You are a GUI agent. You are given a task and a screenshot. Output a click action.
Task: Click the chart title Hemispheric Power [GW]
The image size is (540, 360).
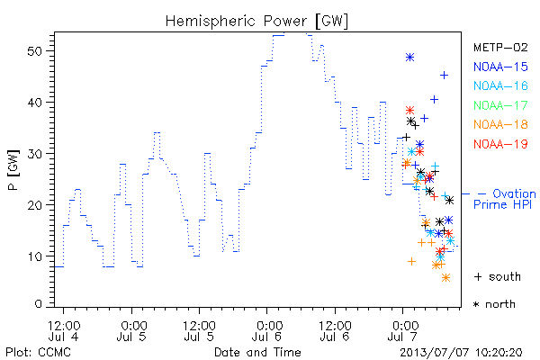coord(256,21)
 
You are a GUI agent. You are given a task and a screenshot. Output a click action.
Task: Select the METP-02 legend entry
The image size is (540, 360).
coord(500,47)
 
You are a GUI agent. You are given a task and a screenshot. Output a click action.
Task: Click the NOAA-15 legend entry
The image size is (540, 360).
coord(500,67)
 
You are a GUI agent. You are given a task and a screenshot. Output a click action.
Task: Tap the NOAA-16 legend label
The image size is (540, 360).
coord(500,85)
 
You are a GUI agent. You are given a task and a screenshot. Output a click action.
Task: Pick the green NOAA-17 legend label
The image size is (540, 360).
coord(500,105)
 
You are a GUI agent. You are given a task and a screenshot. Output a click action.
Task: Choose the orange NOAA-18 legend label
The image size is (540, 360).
coord(500,124)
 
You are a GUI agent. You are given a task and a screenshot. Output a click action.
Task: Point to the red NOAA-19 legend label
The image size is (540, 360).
coord(500,144)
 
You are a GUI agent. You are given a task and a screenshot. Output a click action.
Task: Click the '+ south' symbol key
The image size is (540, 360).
coord(498,276)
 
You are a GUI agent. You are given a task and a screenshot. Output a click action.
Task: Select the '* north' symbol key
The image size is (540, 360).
coord(494,304)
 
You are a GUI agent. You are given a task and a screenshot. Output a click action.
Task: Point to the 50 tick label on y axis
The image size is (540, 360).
coord(34,51)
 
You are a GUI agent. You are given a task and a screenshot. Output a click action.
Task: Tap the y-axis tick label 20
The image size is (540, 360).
coord(34,205)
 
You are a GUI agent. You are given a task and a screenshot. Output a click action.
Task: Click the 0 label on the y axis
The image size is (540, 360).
coord(39,304)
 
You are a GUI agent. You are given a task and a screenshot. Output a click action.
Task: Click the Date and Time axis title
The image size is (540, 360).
coord(257,352)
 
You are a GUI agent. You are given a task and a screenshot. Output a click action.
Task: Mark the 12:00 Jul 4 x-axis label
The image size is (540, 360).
coord(64,331)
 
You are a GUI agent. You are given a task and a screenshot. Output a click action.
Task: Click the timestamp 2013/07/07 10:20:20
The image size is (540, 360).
coord(461,353)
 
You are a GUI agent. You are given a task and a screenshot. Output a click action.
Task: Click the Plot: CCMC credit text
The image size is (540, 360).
coord(38,353)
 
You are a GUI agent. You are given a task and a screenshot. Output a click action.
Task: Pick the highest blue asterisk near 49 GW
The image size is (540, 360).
coord(409,58)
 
